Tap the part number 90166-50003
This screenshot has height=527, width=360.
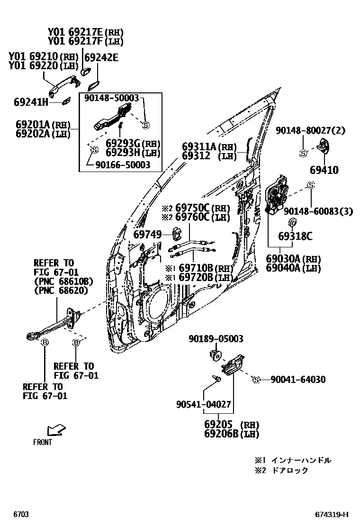(x=123, y=164)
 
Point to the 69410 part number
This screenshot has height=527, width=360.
(x=324, y=170)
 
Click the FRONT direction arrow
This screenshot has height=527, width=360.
(x=56, y=430)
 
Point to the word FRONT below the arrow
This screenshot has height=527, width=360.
(x=43, y=442)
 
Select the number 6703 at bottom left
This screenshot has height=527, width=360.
(x=20, y=514)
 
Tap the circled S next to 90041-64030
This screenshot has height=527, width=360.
(x=256, y=379)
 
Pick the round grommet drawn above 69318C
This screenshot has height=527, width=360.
(x=292, y=223)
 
